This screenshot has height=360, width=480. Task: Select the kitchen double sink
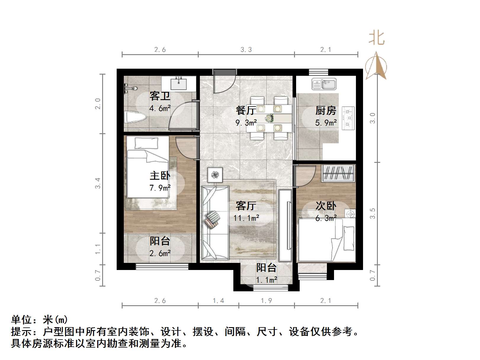[x=324, y=84]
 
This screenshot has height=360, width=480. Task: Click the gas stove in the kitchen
[x=348, y=118]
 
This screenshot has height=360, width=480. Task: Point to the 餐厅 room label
[x=246, y=110]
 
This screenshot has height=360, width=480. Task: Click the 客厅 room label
[x=246, y=205]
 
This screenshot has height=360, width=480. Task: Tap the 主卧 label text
[x=160, y=176]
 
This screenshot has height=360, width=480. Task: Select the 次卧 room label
[x=326, y=205]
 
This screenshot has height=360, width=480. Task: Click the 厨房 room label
[x=326, y=110]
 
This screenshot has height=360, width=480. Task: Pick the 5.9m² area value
[x=326, y=123]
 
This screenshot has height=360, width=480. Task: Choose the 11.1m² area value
[x=246, y=218]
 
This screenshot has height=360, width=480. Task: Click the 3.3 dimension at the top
[x=246, y=50]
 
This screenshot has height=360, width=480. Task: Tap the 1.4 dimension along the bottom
[x=218, y=301]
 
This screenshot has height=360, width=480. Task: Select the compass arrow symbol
[x=376, y=67]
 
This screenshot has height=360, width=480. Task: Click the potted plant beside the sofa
[x=215, y=175]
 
